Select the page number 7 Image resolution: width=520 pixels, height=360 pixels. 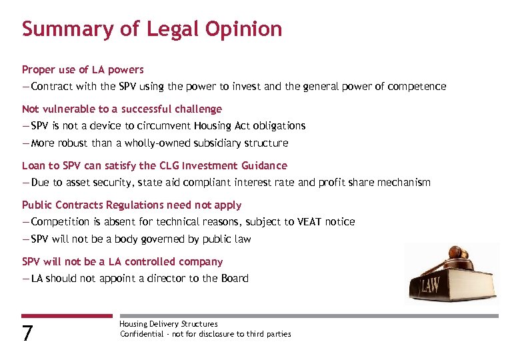pyautogui.click(x=27, y=333)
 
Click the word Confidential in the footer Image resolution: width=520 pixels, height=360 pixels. pyautogui.click(x=141, y=334)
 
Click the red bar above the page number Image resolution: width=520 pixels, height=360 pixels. pyautogui.click(x=67, y=316)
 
